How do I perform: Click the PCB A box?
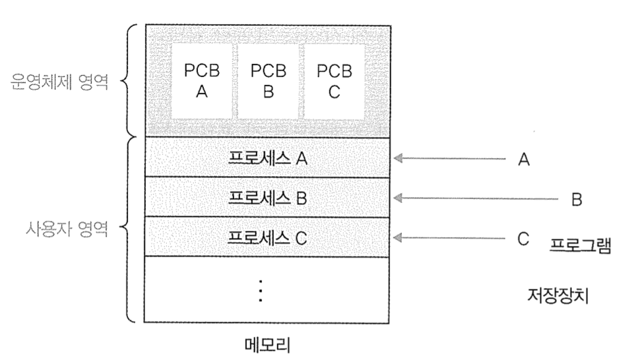pyautogui.click(x=202, y=81)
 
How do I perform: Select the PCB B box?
pyautogui.click(x=268, y=81)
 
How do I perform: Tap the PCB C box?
pyautogui.click(x=334, y=81)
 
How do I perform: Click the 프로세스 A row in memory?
pyautogui.click(x=267, y=158)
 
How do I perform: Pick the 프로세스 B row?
pyautogui.click(x=267, y=197)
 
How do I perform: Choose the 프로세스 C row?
pyautogui.click(x=267, y=237)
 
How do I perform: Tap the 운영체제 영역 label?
pyautogui.click(x=60, y=84)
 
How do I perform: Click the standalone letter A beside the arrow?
pyautogui.click(x=524, y=159)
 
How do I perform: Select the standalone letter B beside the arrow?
pyautogui.click(x=576, y=198)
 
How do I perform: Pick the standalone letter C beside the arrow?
pyautogui.click(x=524, y=238)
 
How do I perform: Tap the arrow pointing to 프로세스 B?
pyautogui.click(x=475, y=198)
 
